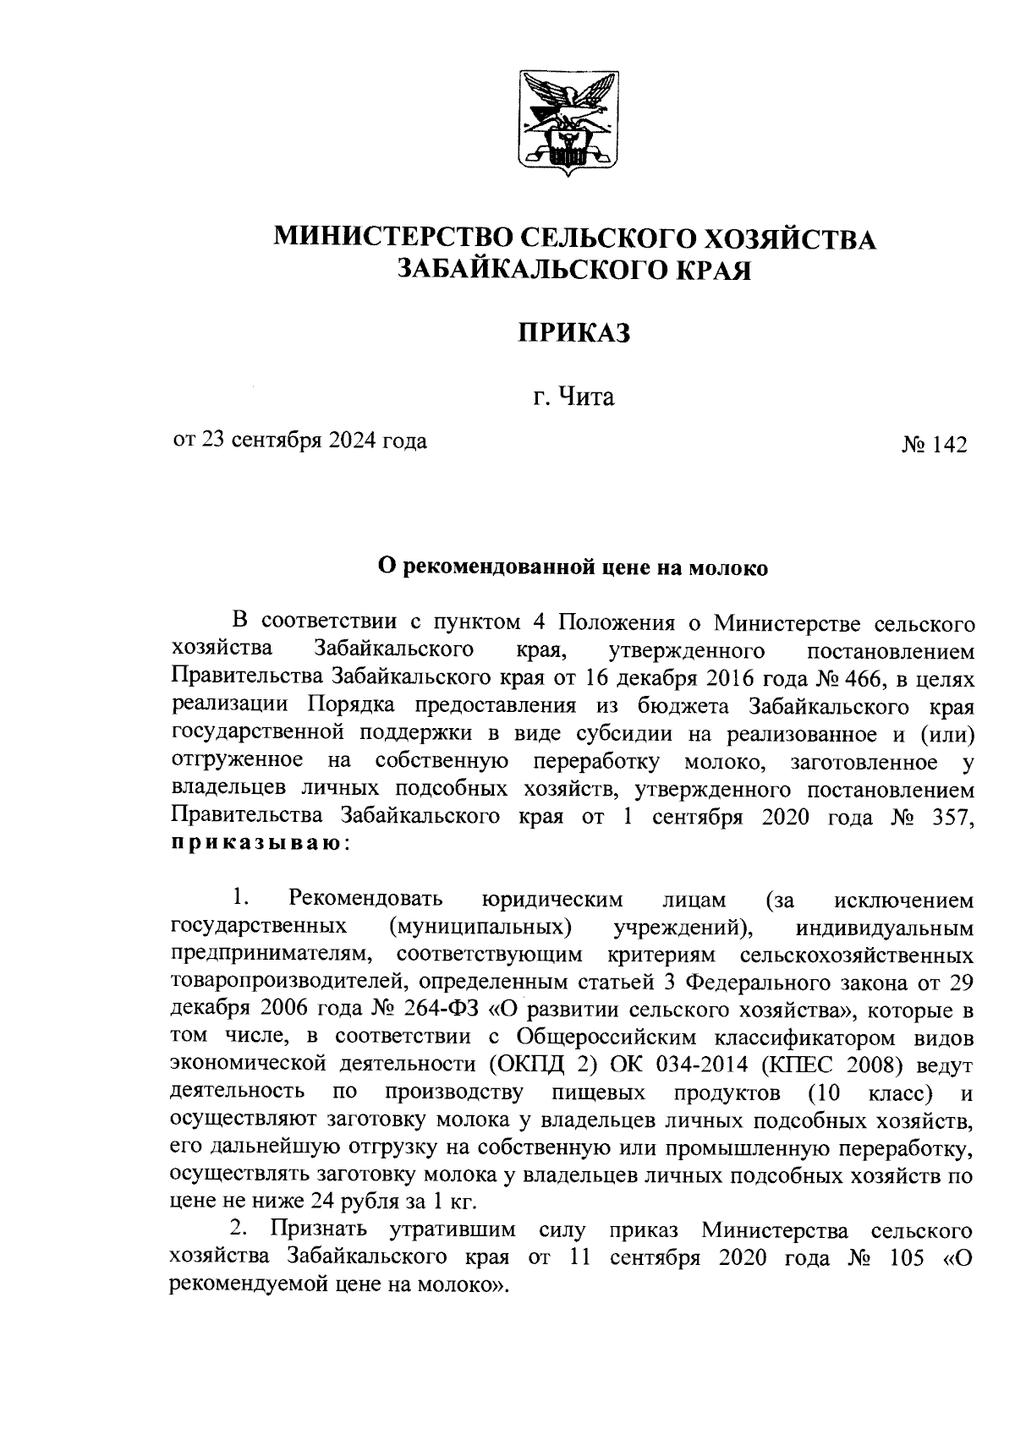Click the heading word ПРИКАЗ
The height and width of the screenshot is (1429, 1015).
click(x=574, y=333)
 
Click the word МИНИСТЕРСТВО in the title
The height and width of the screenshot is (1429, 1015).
click(x=392, y=238)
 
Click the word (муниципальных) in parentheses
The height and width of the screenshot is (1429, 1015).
click(x=480, y=927)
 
